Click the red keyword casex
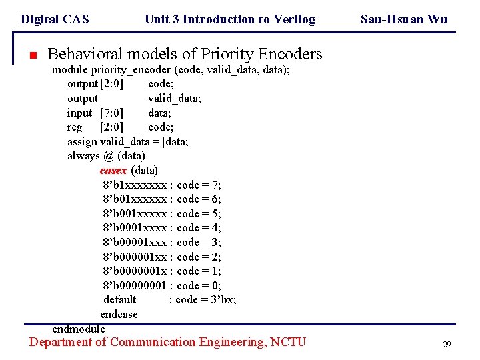[x=113, y=170]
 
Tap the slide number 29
[x=447, y=345]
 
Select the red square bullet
[x=31, y=55]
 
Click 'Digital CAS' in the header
[x=55, y=19]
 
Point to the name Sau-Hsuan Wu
[x=404, y=19]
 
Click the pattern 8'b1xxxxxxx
[x=135, y=185]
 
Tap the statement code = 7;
[x=199, y=185]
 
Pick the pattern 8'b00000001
[x=135, y=285]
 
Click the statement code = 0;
[x=199, y=285]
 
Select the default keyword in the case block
[x=120, y=299]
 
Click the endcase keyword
[x=119, y=314]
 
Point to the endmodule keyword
[x=79, y=329]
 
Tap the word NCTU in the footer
[x=288, y=342]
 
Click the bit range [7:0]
[x=111, y=113]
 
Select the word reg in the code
[x=75, y=127]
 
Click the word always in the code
[x=83, y=156]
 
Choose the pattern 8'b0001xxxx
[x=135, y=228]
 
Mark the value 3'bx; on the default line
[x=221, y=299]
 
